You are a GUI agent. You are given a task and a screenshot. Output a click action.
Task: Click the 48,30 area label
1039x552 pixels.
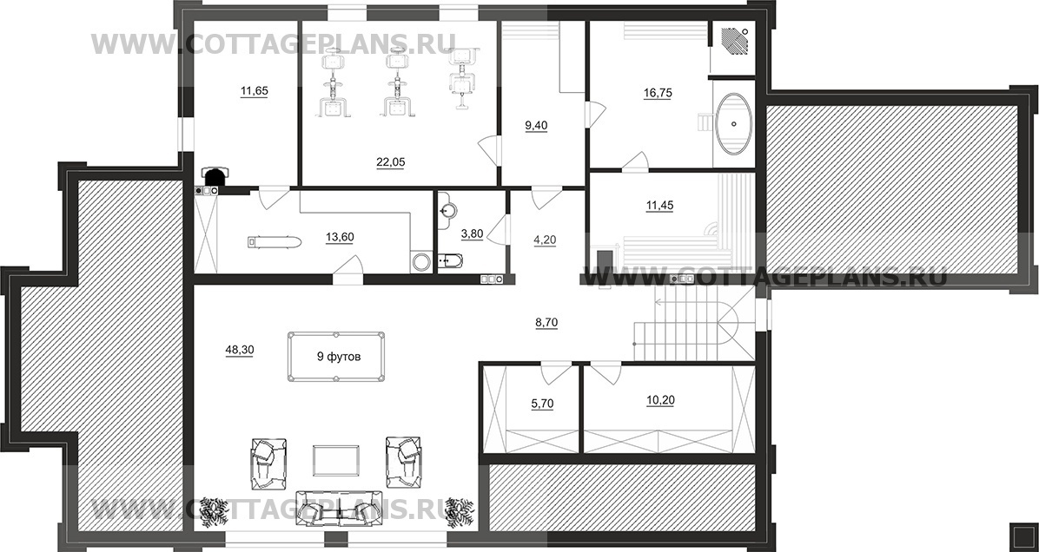[239, 350]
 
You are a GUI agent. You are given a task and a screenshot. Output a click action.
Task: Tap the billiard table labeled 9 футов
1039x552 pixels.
[338, 356]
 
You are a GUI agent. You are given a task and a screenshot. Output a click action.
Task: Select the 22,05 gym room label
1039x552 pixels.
[390, 161]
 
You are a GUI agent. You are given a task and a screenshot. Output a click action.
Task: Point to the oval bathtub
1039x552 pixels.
[734, 124]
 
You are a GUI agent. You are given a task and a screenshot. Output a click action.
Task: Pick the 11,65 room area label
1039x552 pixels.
[254, 91]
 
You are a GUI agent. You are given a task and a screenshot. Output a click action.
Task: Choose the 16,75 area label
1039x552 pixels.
[658, 94]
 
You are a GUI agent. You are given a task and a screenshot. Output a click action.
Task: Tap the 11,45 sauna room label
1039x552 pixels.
[659, 206]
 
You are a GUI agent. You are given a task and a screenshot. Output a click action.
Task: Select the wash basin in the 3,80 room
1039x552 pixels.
[449, 207]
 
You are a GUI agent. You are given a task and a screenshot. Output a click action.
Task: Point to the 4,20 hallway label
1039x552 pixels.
[545, 240]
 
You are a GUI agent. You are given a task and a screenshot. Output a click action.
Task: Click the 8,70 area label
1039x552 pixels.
[546, 322]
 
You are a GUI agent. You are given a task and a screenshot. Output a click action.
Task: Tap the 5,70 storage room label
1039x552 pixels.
[542, 404]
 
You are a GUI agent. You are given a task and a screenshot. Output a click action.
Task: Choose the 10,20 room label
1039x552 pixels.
[659, 400]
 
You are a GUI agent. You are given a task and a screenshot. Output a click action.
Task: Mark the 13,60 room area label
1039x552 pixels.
[339, 238]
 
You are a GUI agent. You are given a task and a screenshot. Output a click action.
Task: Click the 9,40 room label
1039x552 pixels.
[536, 126]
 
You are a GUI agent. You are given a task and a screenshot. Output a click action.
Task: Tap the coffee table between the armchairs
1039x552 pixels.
[336, 460]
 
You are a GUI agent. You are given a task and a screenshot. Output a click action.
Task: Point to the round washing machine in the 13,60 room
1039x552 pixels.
[420, 262]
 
